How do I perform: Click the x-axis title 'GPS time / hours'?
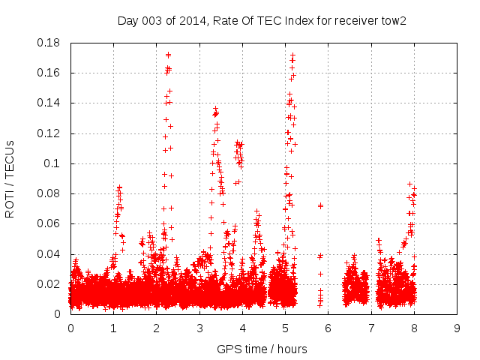[x=262, y=349]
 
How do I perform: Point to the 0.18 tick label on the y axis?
[x=50, y=43]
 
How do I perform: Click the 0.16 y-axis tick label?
[x=50, y=73]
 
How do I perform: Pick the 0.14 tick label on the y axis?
[x=50, y=103]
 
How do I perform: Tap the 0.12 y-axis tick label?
[x=50, y=133]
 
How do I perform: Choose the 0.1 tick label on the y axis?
[x=53, y=163]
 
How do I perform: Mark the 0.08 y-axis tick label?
[x=50, y=193]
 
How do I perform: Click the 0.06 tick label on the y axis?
[x=50, y=223]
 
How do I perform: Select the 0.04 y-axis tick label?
[x=50, y=254]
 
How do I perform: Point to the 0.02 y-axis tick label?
[x=50, y=284]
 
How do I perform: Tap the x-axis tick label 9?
[x=457, y=328]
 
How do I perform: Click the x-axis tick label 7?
[x=371, y=328]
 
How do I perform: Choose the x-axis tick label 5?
[x=285, y=328]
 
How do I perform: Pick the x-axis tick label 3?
[x=199, y=328]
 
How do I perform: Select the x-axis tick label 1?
[x=113, y=328]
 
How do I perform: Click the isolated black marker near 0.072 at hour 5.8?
[x=320, y=205]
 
